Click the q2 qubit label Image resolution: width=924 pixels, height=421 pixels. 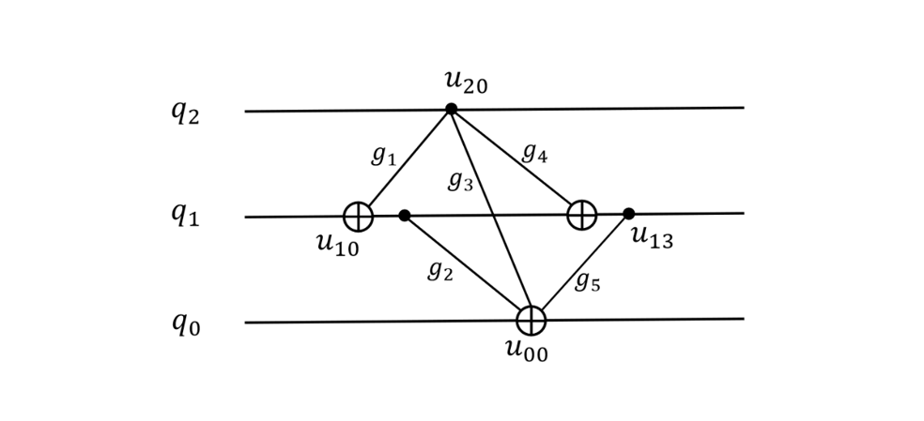[186, 112]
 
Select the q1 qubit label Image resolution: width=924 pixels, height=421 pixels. [186, 215]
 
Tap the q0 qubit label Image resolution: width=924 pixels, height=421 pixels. [186, 323]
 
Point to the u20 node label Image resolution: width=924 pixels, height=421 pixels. [466, 83]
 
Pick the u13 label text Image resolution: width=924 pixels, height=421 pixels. [653, 237]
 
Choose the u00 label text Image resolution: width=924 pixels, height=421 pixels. [527, 349]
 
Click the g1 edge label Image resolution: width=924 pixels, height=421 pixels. [384, 156]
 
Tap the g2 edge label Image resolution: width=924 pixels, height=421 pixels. [440, 270]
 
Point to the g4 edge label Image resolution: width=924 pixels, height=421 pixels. [535, 154]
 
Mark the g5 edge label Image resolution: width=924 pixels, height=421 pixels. [588, 282]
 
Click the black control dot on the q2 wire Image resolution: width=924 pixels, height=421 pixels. [452, 109]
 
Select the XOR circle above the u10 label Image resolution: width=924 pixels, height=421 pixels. [359, 217]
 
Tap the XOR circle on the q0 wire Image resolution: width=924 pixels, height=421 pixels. [531, 321]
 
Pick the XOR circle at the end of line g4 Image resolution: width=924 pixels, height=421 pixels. [582, 215]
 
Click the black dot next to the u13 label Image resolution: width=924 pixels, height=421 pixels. [629, 214]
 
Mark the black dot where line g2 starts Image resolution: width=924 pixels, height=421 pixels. [404, 216]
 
